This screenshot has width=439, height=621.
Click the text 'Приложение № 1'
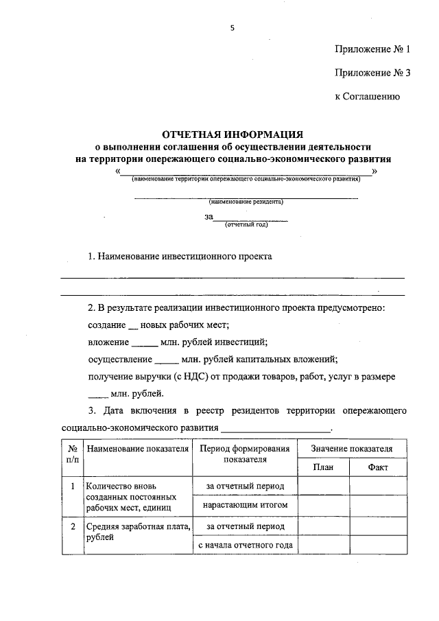pyautogui.click(x=372, y=49)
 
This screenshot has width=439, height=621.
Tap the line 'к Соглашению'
pyautogui.click(x=367, y=96)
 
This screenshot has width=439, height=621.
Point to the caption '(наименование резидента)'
pyautogui.click(x=246, y=202)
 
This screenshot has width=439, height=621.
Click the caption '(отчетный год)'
pyautogui.click(x=246, y=224)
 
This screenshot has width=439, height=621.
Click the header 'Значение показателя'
pyautogui.click(x=351, y=449)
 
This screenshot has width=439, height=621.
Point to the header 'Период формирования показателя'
pyautogui.click(x=244, y=454)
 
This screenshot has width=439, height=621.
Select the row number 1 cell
pyautogui.click(x=72, y=486)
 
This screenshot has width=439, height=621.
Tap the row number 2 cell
pyautogui.click(x=72, y=526)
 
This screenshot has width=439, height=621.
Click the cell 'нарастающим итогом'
pyautogui.click(x=244, y=506)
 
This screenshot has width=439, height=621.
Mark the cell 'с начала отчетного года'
pyautogui.click(x=244, y=546)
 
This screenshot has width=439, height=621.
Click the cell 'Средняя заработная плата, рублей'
pyautogui.click(x=137, y=532)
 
